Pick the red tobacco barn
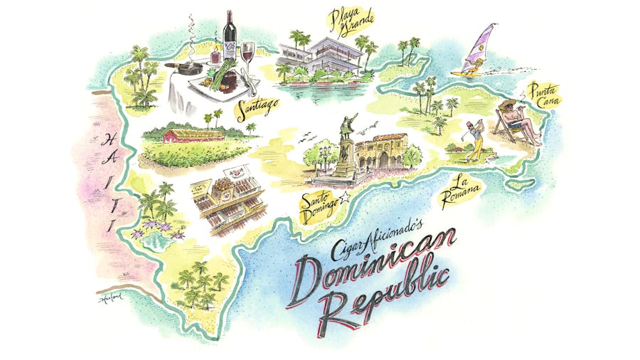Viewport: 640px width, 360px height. pos(188,135)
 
